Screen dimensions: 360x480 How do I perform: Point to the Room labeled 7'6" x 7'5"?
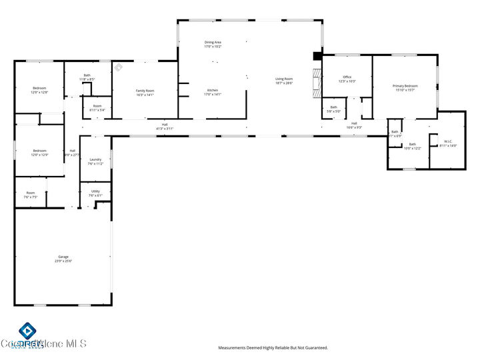30,195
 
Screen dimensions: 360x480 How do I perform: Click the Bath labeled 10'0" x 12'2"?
412,146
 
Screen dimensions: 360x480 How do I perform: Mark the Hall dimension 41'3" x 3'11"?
164,128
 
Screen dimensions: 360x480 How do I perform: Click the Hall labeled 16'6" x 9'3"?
353,125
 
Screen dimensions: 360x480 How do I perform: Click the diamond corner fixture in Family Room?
118,67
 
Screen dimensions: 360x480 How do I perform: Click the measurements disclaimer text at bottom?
273,347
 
